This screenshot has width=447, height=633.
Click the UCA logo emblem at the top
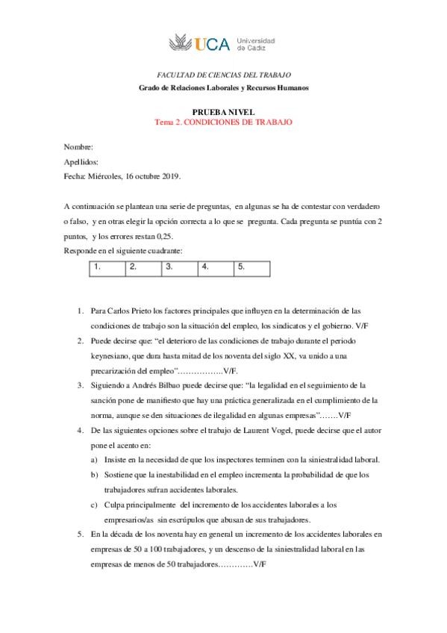tap(181, 43)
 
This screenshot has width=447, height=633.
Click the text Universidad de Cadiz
tap(255, 43)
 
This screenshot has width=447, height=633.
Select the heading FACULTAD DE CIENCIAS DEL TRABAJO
tap(222, 75)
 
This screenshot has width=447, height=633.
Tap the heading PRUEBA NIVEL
tap(223, 110)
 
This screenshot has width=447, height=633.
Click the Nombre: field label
tap(78, 147)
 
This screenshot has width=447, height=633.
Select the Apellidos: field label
tap(81, 162)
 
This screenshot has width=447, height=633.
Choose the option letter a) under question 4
tap(93, 460)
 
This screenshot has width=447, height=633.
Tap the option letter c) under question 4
tap(93, 505)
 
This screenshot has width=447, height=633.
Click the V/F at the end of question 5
tap(259, 564)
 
